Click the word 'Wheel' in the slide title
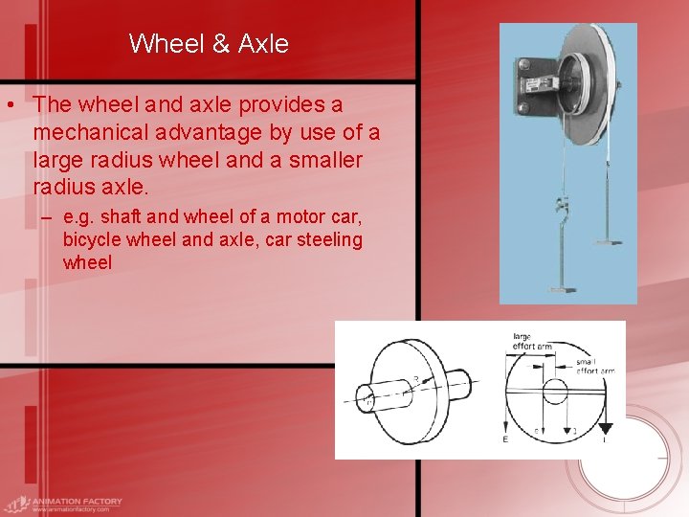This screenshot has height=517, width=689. click(161, 43)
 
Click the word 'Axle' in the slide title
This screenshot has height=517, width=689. click(263, 43)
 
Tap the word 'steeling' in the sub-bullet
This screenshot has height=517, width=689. click(330, 239)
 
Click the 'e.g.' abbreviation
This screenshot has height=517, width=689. click(81, 217)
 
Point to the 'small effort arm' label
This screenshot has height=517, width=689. click(593, 366)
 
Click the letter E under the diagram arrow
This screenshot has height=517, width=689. click(506, 439)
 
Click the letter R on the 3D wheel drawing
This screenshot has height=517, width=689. click(414, 381)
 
